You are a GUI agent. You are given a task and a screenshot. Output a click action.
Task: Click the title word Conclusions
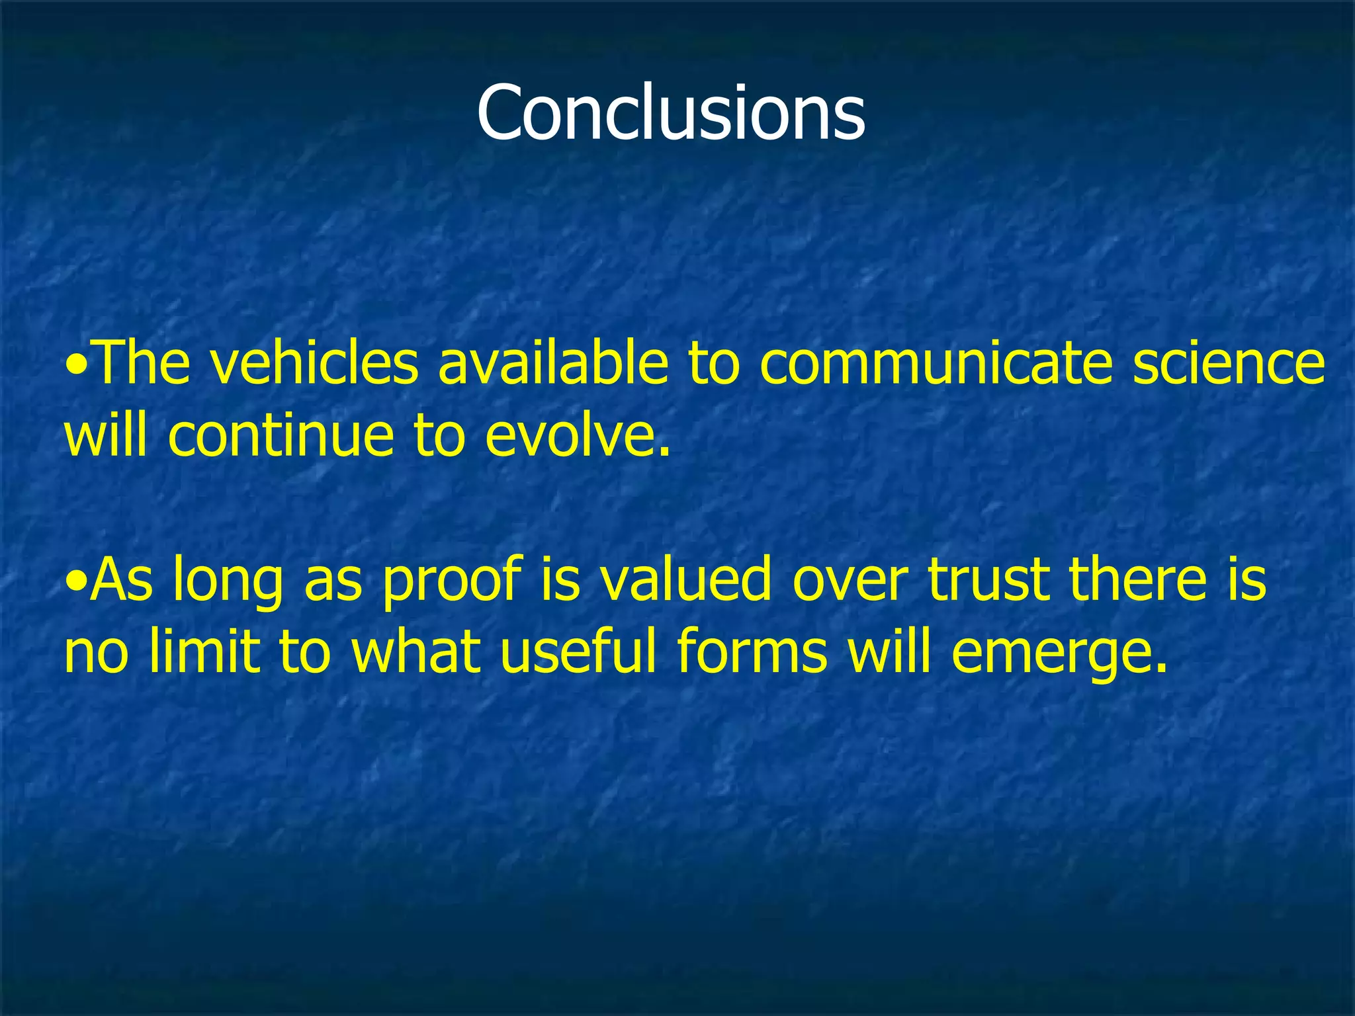670,112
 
